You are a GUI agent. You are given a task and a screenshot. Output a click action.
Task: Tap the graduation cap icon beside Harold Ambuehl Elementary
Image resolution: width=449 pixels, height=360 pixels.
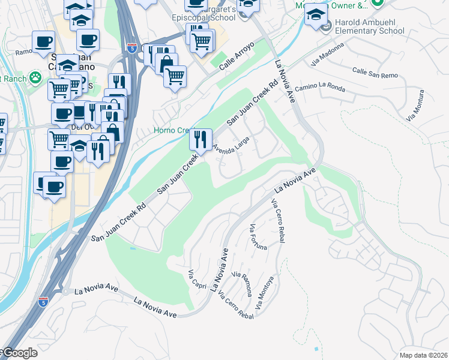click(x=316, y=17)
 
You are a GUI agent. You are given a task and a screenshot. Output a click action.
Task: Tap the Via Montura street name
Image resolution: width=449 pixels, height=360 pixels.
click(x=417, y=106)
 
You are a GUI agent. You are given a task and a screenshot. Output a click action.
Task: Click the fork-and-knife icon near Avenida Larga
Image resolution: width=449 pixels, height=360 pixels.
click(x=200, y=140)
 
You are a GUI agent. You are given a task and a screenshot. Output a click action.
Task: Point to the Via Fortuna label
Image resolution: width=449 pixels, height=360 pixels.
click(x=256, y=237)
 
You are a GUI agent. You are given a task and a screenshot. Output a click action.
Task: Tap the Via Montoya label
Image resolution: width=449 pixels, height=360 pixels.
click(x=265, y=293)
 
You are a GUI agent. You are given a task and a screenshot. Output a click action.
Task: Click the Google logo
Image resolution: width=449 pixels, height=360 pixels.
click(x=19, y=353)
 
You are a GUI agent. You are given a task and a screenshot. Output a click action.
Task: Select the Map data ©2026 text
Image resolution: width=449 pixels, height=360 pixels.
click(x=424, y=355)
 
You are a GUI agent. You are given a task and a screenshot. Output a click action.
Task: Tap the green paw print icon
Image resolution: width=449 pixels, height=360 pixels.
click(x=36, y=77)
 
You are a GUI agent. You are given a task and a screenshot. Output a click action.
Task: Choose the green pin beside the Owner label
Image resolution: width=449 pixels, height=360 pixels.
click(x=376, y=4)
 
